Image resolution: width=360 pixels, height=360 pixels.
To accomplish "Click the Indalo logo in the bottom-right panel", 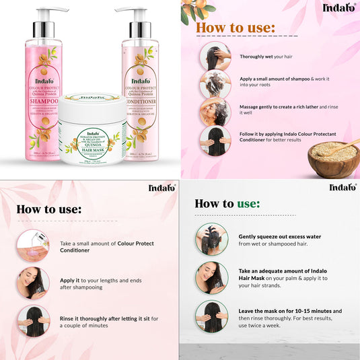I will pyautogui.click(x=343, y=187).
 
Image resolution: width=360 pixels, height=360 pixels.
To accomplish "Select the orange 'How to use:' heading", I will pyautogui.click(x=235, y=28).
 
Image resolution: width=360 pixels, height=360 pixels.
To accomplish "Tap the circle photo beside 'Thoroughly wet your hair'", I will pyautogui.click(x=215, y=57).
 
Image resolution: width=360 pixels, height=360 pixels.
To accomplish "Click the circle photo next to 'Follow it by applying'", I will pyautogui.click(x=215, y=141).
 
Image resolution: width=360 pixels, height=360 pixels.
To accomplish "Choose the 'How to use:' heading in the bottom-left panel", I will pyautogui.click(x=48, y=209).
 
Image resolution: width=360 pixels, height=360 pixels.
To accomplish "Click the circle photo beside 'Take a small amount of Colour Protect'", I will pyautogui.click(x=33, y=246).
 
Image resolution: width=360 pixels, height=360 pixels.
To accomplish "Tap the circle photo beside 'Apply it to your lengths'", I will pyautogui.click(x=33, y=283).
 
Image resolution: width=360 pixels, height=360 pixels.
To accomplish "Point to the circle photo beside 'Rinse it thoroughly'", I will pyautogui.click(x=33, y=321).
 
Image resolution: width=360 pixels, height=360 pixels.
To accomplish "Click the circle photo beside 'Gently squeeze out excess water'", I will pyautogui.click(x=211, y=240).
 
